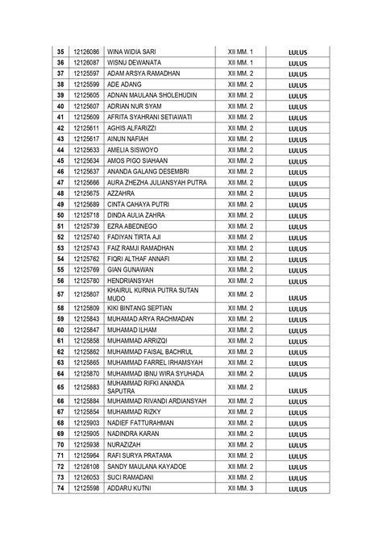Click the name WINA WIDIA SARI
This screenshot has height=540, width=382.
point(132,52)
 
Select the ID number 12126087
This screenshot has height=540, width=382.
point(86,62)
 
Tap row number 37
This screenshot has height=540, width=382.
point(60,73)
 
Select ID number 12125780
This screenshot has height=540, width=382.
point(86,280)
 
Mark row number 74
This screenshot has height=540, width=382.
point(60,488)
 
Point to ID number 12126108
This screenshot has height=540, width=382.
point(86,466)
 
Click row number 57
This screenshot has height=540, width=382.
point(60,294)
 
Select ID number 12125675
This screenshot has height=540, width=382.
point(86,193)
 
